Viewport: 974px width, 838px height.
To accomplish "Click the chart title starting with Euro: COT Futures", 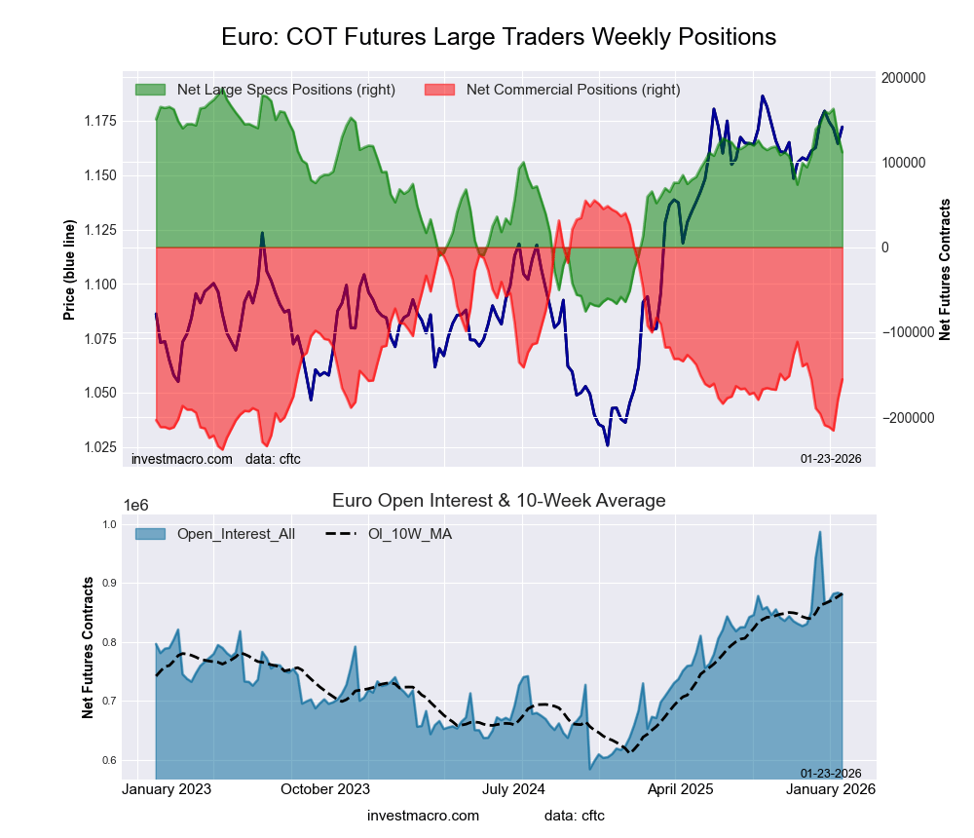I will pyautogui.click(x=498, y=37).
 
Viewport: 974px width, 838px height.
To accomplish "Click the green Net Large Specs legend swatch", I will pyautogui.click(x=150, y=90).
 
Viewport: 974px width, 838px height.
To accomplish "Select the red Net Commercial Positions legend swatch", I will pyautogui.click(x=440, y=90).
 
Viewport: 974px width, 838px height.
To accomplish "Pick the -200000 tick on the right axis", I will pyautogui.click(x=904, y=418).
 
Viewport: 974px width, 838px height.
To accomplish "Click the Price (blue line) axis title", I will pyautogui.click(x=69, y=270).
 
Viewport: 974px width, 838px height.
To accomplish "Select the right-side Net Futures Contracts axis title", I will pyautogui.click(x=944, y=270).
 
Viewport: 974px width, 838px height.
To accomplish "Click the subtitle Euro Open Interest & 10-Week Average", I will pyautogui.click(x=498, y=501).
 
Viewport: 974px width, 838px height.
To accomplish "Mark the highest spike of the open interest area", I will pyautogui.click(x=820, y=532).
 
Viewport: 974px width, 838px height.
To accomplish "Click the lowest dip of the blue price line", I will pyautogui.click(x=608, y=445).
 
